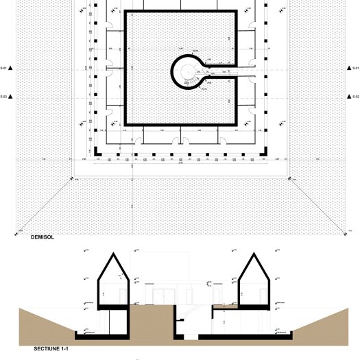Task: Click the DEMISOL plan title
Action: [42, 238]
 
